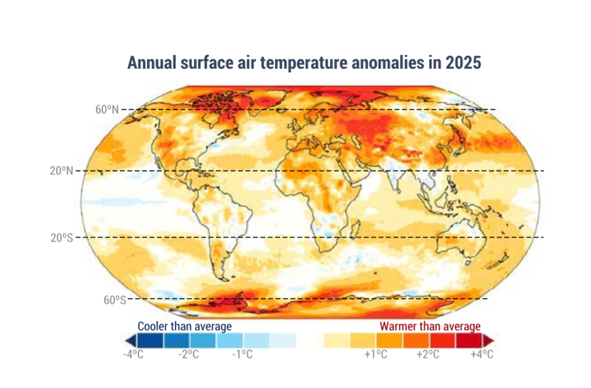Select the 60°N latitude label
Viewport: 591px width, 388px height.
[107, 109]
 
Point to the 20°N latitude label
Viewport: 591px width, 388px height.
[61, 171]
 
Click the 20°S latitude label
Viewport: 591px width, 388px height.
[61, 237]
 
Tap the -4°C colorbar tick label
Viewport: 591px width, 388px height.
[133, 354]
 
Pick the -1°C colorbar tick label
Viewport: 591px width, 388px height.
[242, 354]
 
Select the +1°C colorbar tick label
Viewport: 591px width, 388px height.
[376, 354]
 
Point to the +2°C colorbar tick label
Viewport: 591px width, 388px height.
[428, 354]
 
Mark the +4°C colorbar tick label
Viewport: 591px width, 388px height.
[482, 354]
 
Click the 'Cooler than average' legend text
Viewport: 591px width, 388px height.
[184, 326]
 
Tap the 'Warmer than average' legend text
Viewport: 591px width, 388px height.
[430, 326]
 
